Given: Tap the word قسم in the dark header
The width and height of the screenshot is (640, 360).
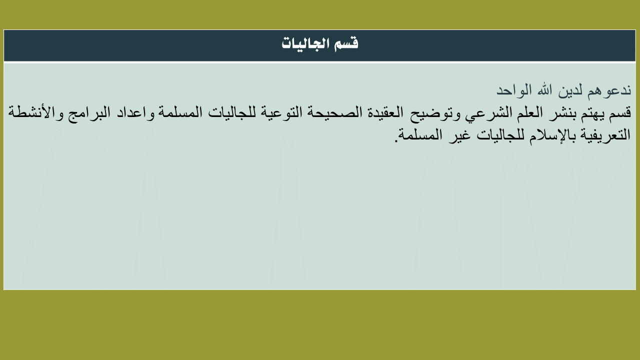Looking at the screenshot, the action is [346, 44].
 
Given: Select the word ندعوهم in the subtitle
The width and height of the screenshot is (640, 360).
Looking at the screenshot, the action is [609, 90].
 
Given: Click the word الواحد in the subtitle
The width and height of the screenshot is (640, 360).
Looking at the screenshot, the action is [513, 90].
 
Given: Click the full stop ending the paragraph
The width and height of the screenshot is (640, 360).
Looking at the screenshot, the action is [396, 140].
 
